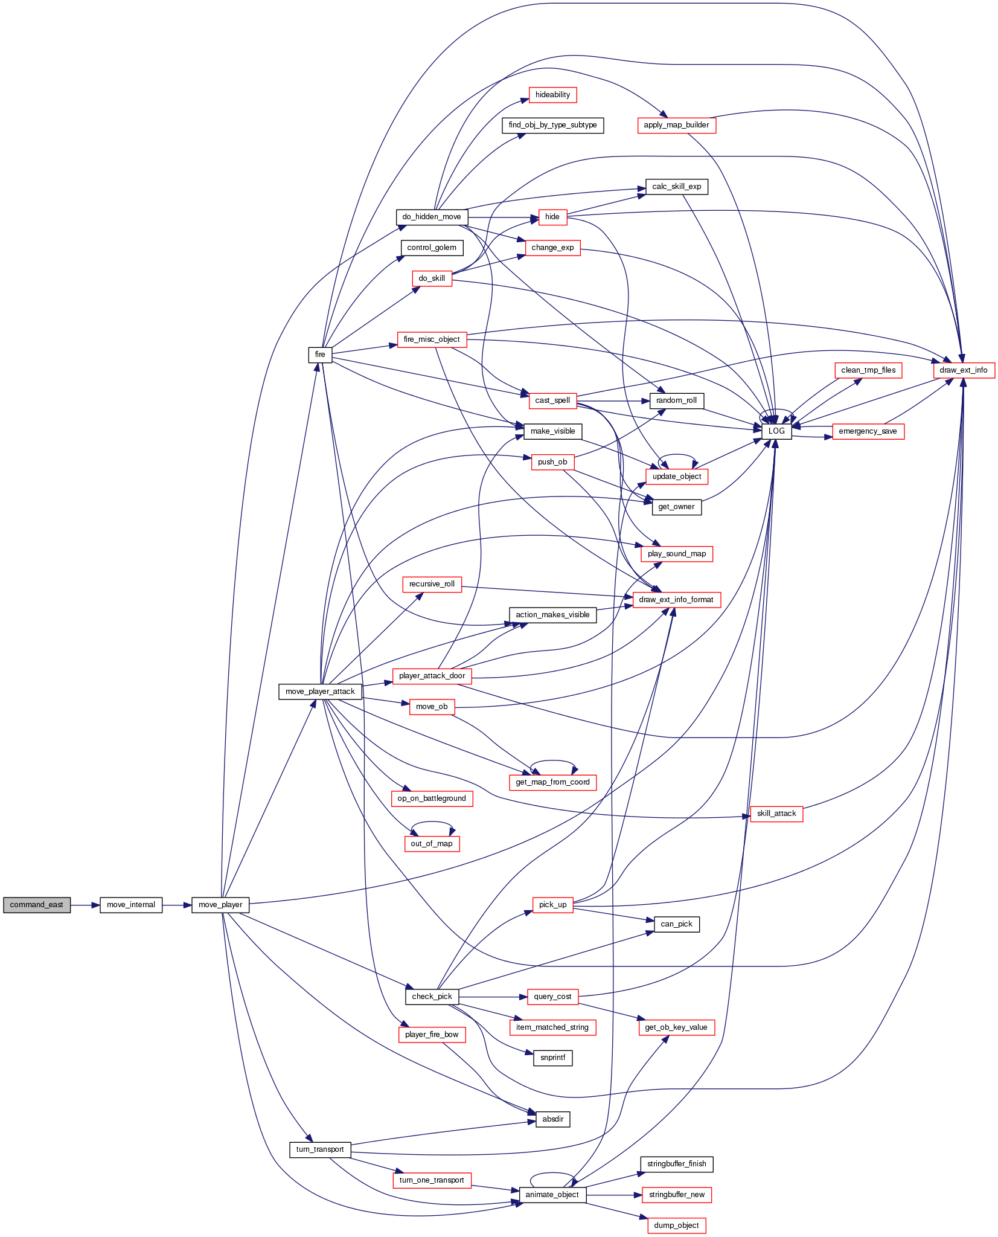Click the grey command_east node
(37, 905)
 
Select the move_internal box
(131, 905)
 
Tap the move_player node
(220, 905)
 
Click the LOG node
(776, 431)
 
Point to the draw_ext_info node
(964, 370)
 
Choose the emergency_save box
(868, 431)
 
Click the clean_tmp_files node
(868, 370)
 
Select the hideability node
(552, 95)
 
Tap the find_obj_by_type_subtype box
(552, 125)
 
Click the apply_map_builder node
(676, 125)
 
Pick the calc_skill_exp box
(676, 187)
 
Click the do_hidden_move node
(432, 217)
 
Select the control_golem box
(432, 248)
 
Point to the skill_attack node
(776, 814)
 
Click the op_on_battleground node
(432, 798)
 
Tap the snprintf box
(553, 1058)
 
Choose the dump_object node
(676, 1226)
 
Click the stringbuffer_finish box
(676, 1164)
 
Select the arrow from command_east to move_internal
(85, 905)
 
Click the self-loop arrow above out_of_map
(432, 824)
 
